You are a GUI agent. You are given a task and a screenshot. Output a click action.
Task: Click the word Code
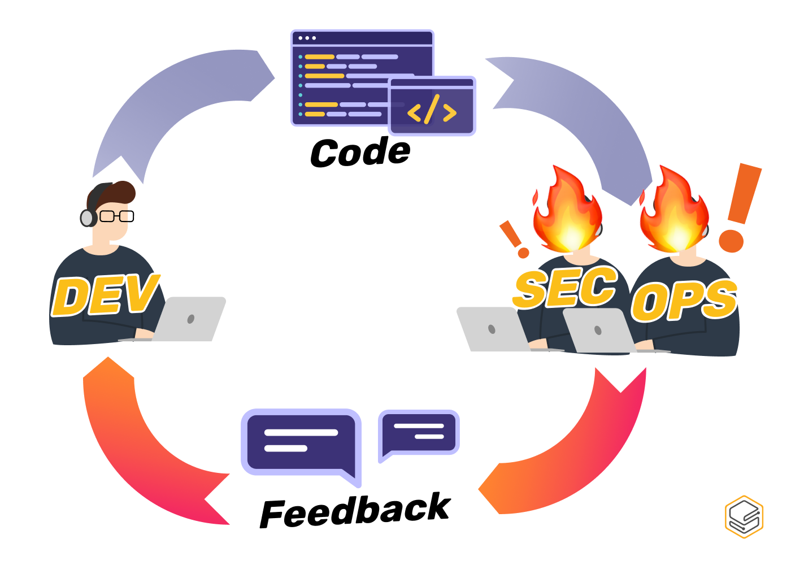click(x=360, y=153)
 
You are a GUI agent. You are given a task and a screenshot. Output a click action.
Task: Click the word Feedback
click(x=355, y=511)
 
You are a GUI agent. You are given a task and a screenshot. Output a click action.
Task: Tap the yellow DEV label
click(x=105, y=295)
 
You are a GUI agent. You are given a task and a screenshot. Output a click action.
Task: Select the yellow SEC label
click(x=565, y=288)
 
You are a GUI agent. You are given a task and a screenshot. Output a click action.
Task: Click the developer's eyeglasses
click(x=117, y=216)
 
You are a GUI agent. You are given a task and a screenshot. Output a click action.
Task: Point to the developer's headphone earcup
click(x=86, y=218)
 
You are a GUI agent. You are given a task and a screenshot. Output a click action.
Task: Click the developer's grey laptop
click(x=189, y=319)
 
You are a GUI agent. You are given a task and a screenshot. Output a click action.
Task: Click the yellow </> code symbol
click(x=432, y=111)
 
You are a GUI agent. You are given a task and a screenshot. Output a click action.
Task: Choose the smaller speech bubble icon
click(x=419, y=432)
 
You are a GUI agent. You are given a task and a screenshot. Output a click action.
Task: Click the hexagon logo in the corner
click(x=744, y=516)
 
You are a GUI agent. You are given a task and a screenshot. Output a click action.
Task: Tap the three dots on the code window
click(x=307, y=38)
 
